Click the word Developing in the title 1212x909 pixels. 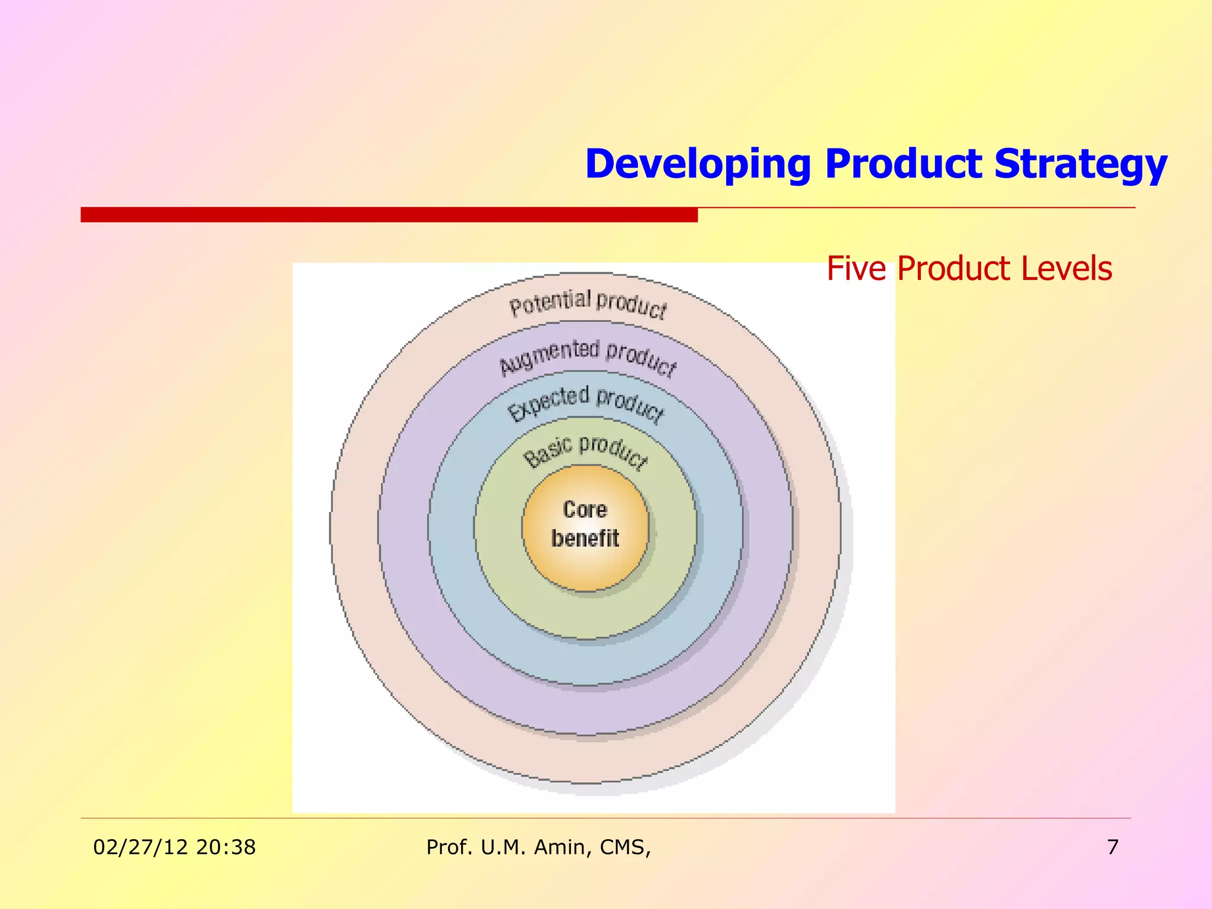(x=697, y=164)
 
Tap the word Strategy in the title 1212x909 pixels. (x=1081, y=164)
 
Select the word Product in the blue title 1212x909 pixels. (x=908, y=164)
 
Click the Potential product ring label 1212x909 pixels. (x=588, y=303)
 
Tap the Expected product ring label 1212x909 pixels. (x=586, y=402)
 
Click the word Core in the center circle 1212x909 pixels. (x=585, y=510)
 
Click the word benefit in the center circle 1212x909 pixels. (x=585, y=539)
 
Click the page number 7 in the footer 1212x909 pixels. (x=1113, y=847)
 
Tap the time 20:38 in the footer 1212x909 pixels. (x=226, y=847)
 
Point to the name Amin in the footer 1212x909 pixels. (x=562, y=847)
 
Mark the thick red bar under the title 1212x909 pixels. (x=389, y=214)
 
